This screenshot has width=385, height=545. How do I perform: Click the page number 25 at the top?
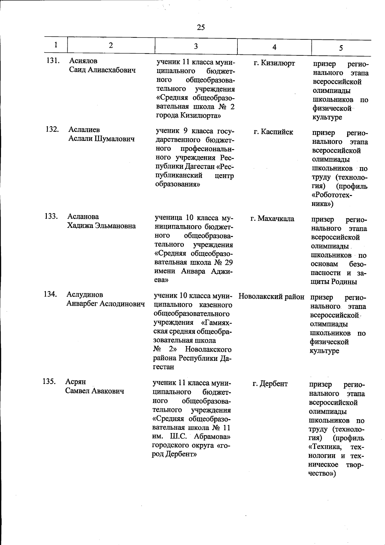pos(201,28)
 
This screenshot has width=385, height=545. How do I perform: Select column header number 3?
pos(196,46)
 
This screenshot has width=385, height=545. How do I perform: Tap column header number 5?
pos(341,48)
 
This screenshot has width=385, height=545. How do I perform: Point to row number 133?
pos(51,216)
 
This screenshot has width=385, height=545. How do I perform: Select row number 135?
pos(49,382)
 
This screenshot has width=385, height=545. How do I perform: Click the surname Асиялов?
pos(83,61)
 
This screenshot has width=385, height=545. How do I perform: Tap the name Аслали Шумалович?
pos(101,139)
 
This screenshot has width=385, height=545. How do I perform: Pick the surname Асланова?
pos(83,216)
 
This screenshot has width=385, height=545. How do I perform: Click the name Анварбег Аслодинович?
pos(105,304)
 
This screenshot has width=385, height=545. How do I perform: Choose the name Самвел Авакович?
pos(95,391)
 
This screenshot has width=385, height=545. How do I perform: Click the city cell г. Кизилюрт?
pos(274,63)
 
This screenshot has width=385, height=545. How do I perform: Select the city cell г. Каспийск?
pos(273,132)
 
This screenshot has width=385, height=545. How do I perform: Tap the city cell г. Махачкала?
pos(272,219)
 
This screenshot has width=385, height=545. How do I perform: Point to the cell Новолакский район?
pos(271,297)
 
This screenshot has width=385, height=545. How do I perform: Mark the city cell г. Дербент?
pos(270,384)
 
